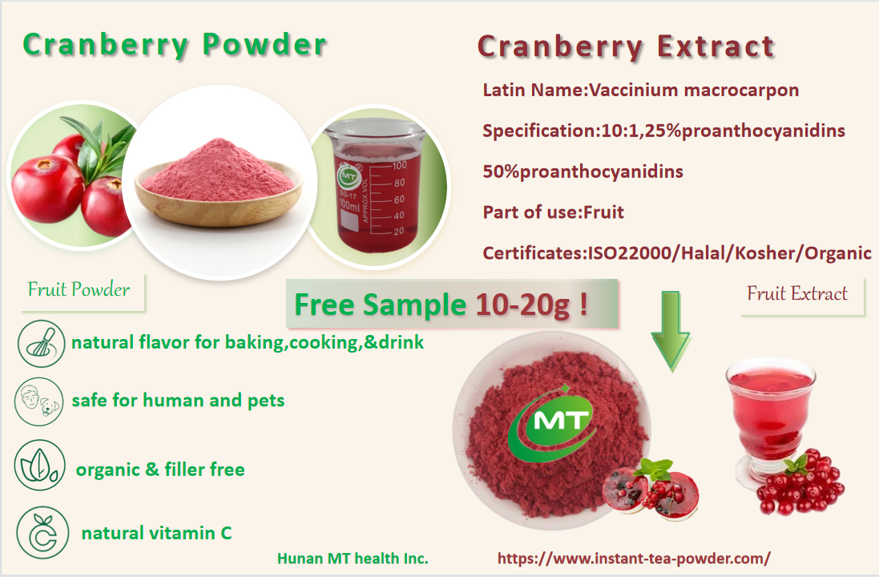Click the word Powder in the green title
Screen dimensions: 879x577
264,44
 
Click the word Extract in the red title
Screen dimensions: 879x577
716,46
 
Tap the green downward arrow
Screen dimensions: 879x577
671,331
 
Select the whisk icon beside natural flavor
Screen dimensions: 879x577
41,344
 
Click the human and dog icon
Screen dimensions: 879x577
38,401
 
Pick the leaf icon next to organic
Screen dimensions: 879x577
40,466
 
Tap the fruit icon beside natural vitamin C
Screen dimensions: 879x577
42,533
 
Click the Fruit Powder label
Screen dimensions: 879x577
79,289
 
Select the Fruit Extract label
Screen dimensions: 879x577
796,293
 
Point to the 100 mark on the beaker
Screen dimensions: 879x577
399,165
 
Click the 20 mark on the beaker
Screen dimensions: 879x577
398,231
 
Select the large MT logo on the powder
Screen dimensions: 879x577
553,423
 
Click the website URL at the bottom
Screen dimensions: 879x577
634,559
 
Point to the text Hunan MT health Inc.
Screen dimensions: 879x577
353,559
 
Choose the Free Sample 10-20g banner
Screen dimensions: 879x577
452,304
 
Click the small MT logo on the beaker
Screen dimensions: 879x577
348,176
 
